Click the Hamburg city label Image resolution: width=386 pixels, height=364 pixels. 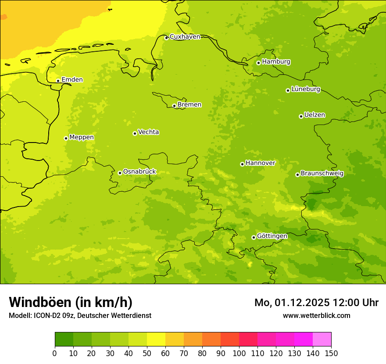[276, 62]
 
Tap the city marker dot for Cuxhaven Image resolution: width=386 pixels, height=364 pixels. [166, 38]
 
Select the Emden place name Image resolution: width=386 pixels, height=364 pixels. [72, 80]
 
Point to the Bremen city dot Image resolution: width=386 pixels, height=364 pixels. [174, 106]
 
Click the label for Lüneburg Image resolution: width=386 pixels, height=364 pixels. [305, 89]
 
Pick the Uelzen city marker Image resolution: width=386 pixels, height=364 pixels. [301, 116]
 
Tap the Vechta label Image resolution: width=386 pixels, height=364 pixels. [148, 132]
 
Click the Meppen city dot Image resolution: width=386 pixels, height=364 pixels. [66, 138]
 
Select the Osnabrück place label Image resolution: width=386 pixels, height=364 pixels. [139, 172]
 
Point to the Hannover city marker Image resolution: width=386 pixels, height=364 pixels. [242, 164]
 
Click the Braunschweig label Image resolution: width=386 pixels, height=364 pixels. [322, 174]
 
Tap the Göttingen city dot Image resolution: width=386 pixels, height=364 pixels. [254, 237]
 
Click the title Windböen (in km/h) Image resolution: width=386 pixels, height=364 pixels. [71, 302]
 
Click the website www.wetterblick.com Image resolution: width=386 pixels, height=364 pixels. [316, 315]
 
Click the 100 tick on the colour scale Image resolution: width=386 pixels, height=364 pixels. [239, 353]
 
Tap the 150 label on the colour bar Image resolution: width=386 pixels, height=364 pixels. [331, 353]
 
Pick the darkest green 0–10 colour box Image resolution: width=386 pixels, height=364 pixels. [64, 339]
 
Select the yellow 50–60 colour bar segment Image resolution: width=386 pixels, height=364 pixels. [156, 339]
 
